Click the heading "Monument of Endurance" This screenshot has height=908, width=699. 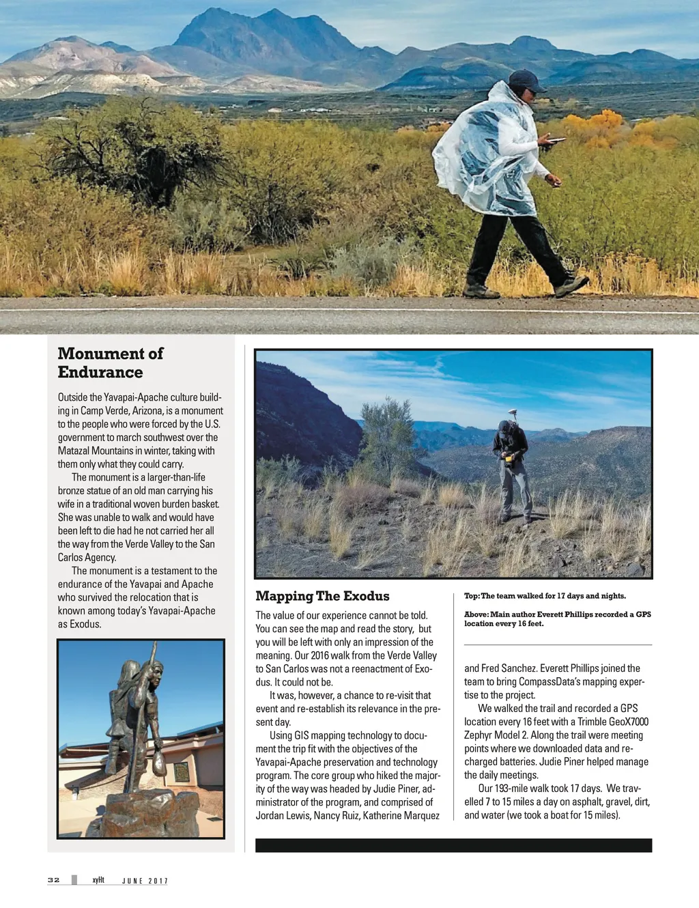tap(111, 363)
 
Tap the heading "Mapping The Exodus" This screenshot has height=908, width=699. tap(322, 596)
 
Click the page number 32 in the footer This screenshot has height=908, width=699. tap(53, 880)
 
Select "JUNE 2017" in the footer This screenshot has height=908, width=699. tap(145, 881)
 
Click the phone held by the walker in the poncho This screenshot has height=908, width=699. tap(556, 141)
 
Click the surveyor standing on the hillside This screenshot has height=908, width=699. tap(513, 469)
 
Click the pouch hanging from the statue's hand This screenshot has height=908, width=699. tap(159, 763)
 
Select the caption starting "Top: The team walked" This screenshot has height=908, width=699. tap(545, 596)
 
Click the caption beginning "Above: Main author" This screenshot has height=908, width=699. tap(557, 619)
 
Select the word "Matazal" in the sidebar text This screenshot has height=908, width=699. tap(76, 451)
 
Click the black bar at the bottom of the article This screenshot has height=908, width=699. tap(453, 845)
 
